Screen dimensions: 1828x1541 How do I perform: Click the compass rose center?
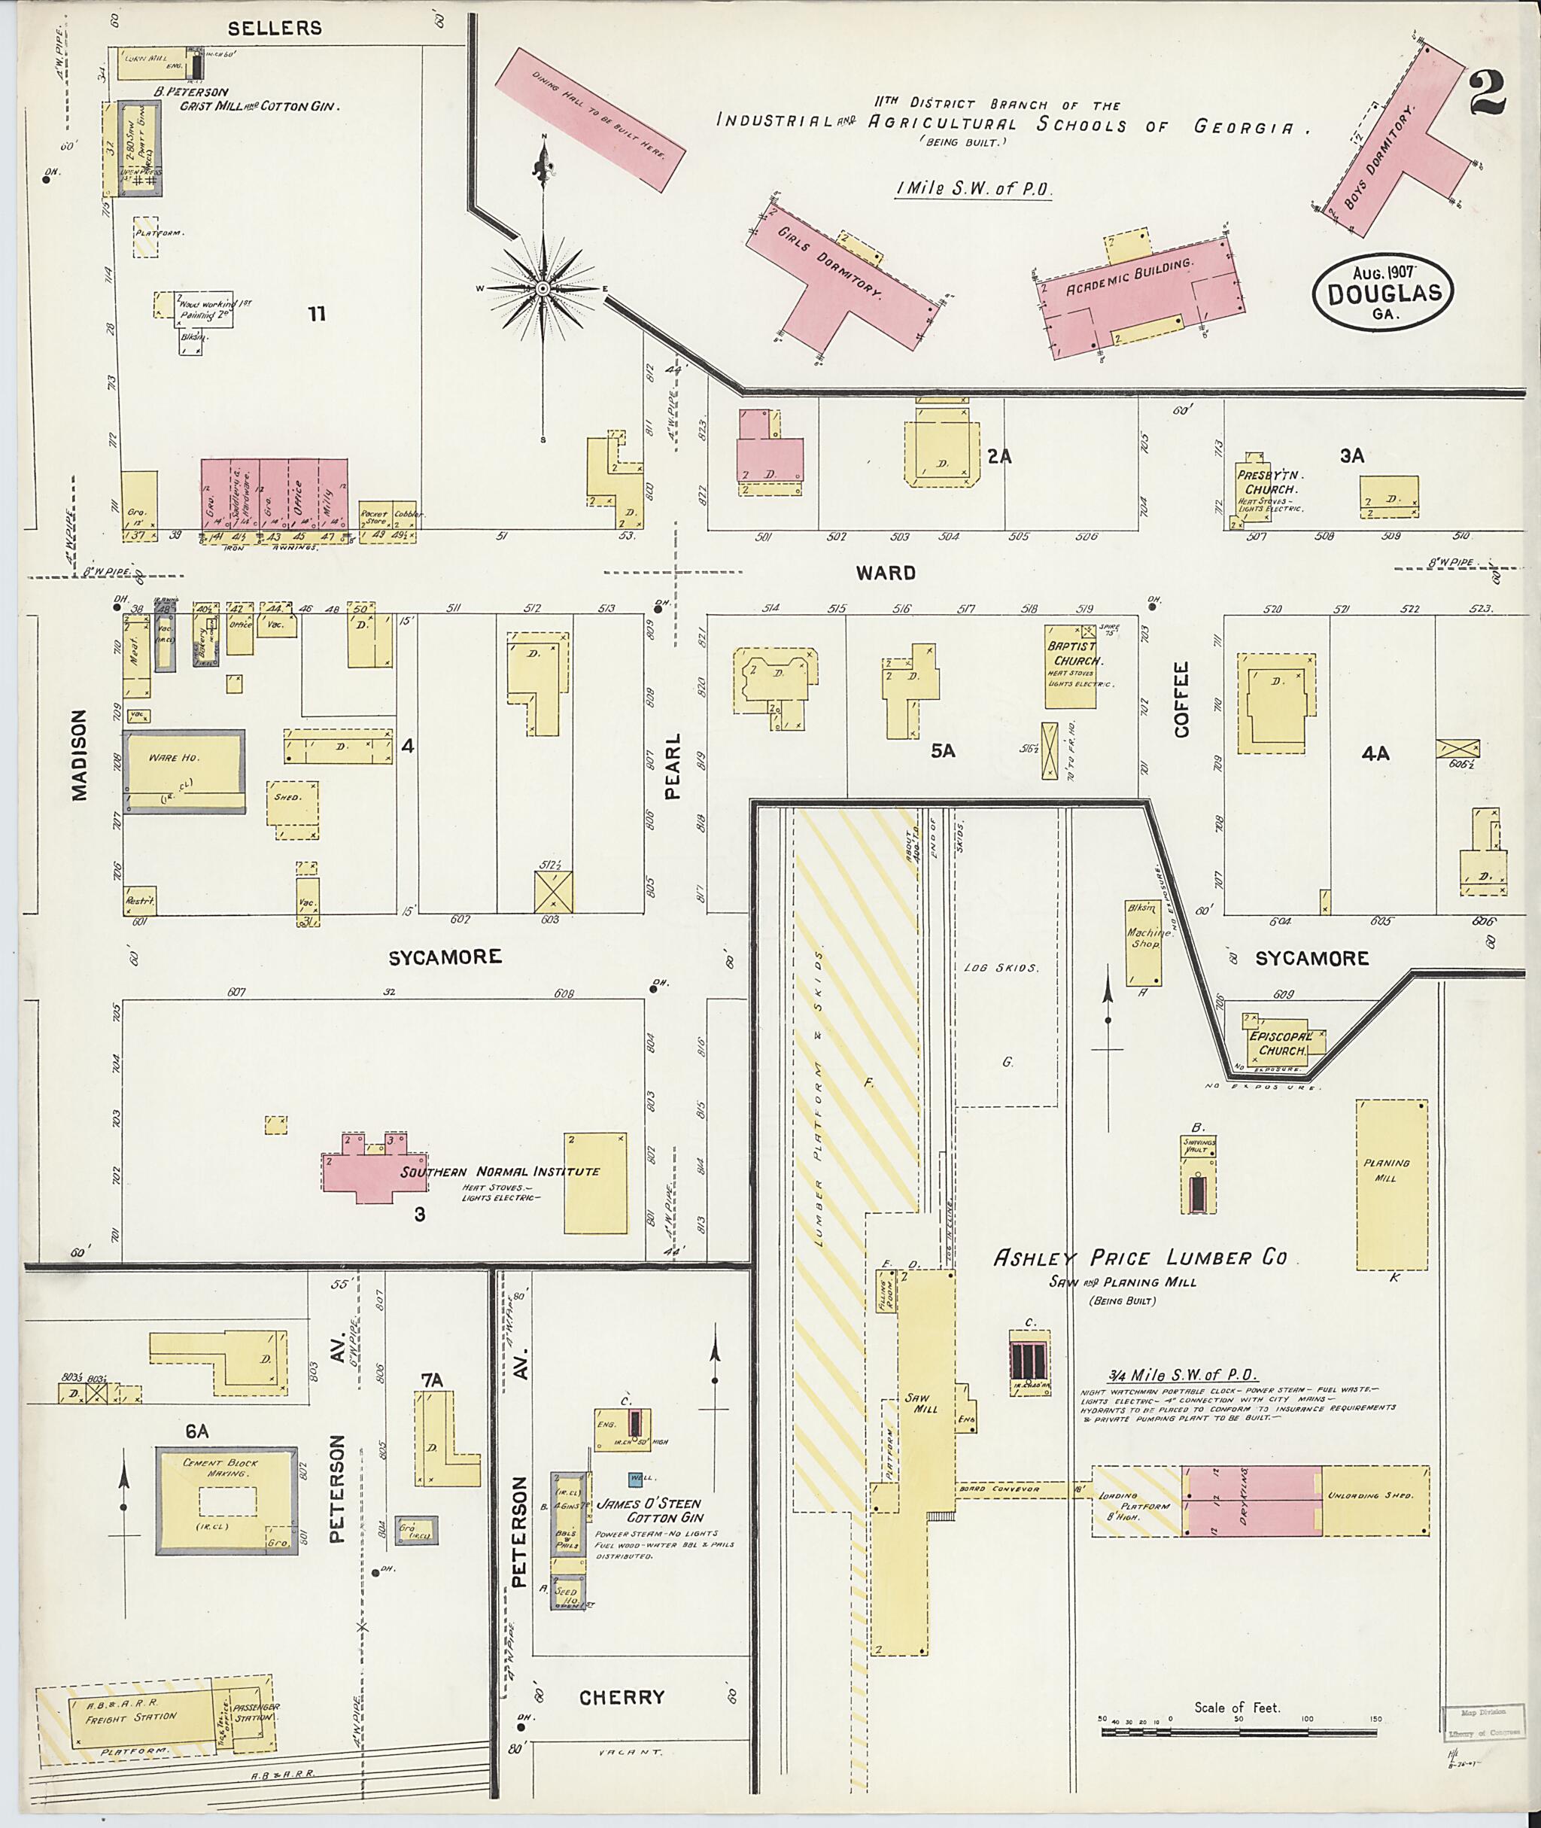coord(543,287)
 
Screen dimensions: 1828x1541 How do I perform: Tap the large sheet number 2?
coord(1488,94)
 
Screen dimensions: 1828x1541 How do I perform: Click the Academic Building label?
coord(1129,277)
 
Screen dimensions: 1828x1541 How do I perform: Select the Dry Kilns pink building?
coord(1251,1501)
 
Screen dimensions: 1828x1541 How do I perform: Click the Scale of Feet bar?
coord(1237,1729)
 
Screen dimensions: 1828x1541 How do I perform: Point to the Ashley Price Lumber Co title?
coord(1140,1258)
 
